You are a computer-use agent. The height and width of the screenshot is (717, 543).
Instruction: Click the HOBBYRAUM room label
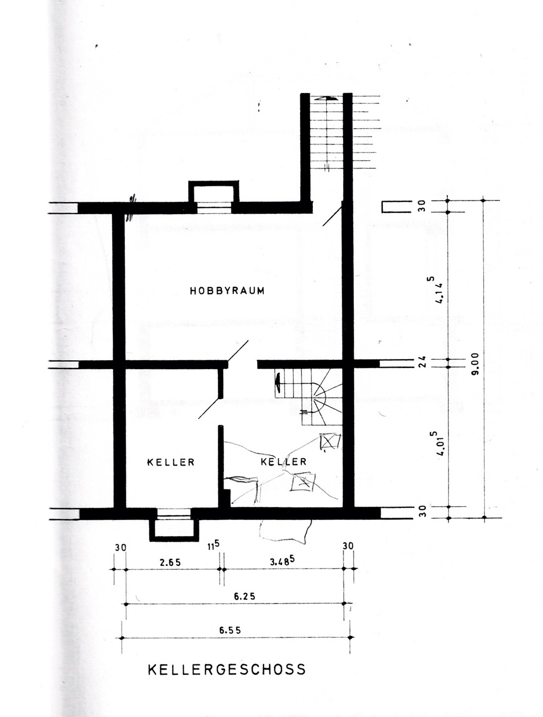click(x=227, y=291)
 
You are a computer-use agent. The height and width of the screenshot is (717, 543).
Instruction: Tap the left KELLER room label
click(x=171, y=462)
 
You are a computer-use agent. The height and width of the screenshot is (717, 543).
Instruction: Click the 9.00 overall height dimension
click(x=475, y=364)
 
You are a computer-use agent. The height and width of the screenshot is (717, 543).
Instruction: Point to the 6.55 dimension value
click(x=230, y=630)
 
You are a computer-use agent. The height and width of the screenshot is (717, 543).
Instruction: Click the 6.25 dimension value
click(x=245, y=596)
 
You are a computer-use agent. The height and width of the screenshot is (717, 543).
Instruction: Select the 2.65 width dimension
click(x=170, y=562)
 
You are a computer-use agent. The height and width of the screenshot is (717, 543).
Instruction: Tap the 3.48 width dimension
click(x=282, y=561)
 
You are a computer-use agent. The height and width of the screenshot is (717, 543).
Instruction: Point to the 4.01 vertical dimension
click(x=438, y=443)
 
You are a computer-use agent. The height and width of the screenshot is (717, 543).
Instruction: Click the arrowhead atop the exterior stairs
click(x=327, y=98)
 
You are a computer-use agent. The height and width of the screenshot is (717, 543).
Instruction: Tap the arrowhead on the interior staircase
click(x=278, y=383)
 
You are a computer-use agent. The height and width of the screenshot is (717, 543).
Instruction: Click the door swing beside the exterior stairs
click(x=332, y=214)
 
